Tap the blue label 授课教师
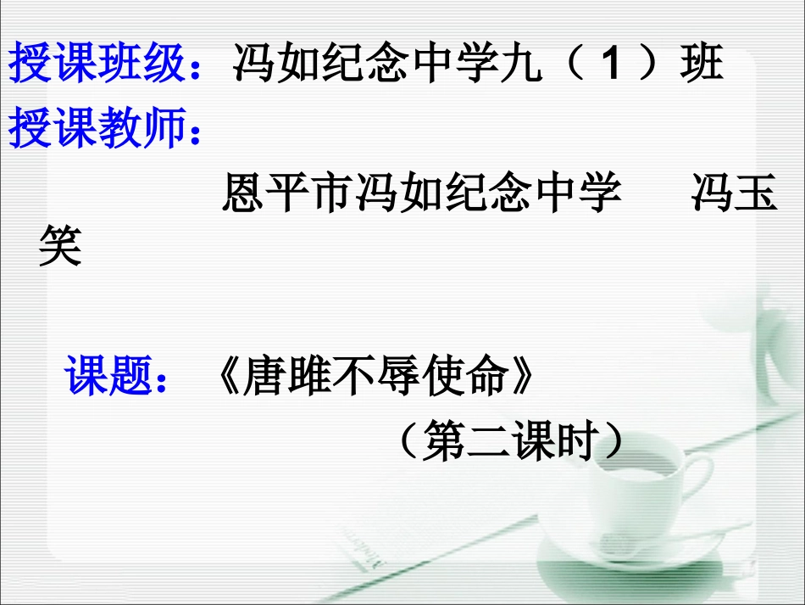tap(97, 130)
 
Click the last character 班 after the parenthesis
tap(701, 64)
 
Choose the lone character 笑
tap(60, 248)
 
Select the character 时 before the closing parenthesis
tap(575, 440)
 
